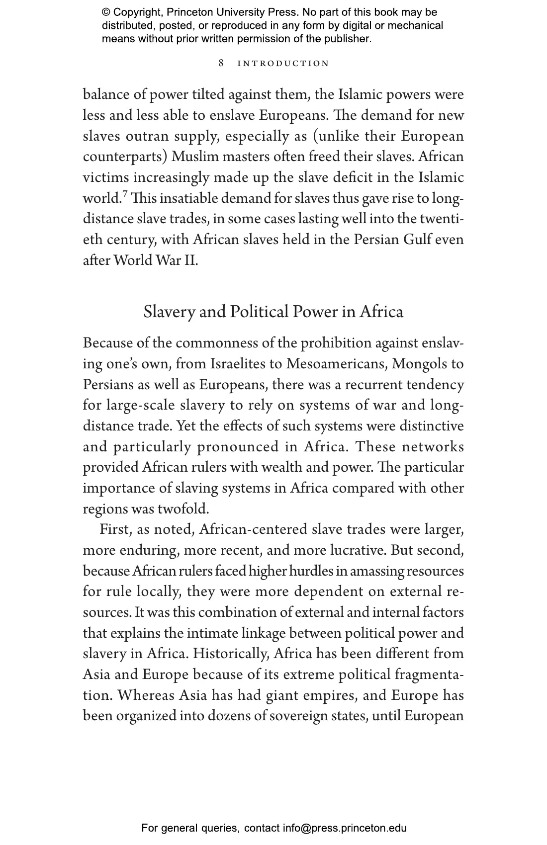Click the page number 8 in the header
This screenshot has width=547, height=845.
[221, 64]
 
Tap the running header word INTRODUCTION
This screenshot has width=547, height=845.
[283, 64]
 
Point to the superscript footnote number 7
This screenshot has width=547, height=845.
[125, 194]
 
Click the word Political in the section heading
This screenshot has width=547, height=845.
[259, 312]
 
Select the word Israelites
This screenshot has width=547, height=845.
[238, 364]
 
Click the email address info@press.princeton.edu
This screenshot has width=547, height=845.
[345, 828]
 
